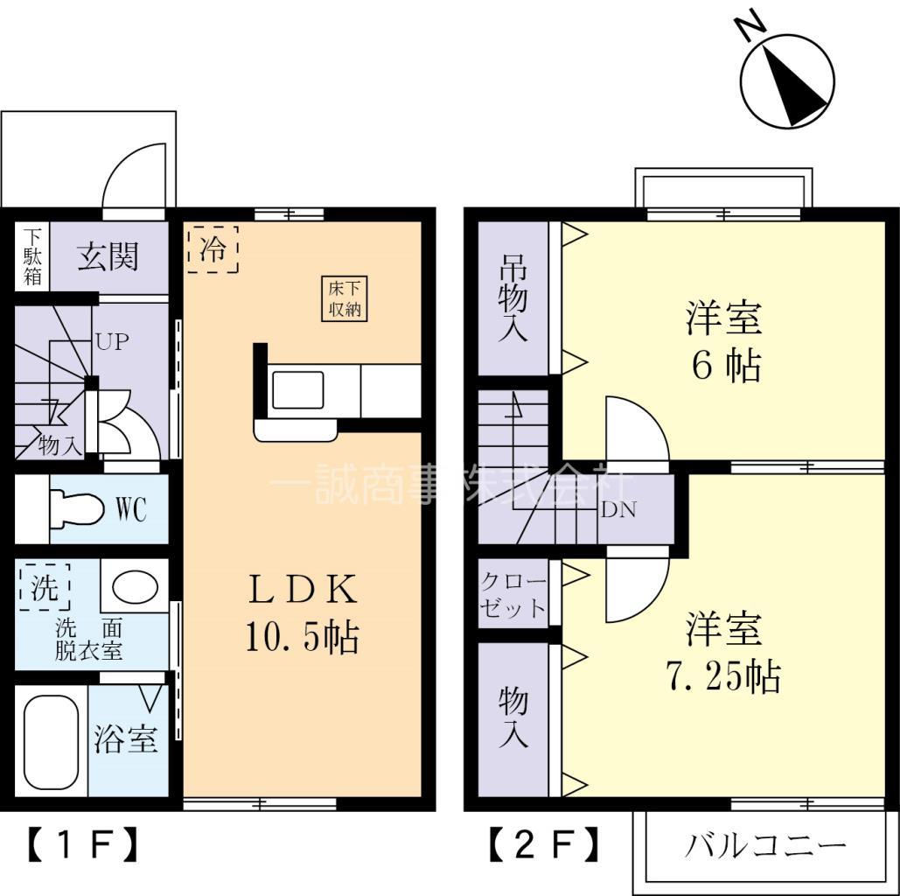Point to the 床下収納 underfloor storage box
coord(345,299)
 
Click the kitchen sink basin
coord(297,390)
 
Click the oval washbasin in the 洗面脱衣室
coord(134,587)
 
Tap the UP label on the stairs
coord(112,342)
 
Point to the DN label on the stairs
coord(619,509)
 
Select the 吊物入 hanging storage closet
coord(513,298)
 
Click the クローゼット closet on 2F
coord(513,595)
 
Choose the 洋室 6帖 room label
coord(724,341)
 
